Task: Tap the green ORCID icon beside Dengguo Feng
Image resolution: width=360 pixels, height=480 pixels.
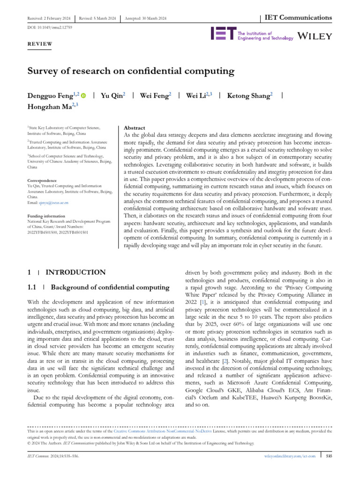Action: [83, 96]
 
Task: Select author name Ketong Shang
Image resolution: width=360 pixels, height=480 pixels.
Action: [248, 96]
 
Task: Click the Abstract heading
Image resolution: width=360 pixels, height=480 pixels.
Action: [134, 128]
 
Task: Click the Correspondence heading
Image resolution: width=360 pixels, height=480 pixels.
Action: [43, 180]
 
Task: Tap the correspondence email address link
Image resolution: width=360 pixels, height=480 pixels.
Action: [58, 202]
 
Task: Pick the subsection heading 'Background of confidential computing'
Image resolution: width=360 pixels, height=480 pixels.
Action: [110, 287]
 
